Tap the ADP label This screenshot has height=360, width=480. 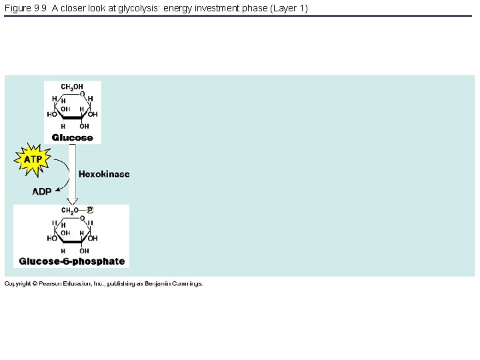42,192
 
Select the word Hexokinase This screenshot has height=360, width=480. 104,174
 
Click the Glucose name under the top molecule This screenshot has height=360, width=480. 73,137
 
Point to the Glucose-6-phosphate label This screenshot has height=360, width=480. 72,261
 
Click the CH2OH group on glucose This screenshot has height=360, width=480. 72,87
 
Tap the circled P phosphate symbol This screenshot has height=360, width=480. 90,210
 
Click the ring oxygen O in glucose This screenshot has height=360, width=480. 82,94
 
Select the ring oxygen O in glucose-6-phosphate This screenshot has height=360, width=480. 82,217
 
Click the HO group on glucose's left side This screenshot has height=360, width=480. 51,114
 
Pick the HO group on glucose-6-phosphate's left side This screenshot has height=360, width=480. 51,238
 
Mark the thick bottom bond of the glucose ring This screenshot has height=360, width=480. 73,118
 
